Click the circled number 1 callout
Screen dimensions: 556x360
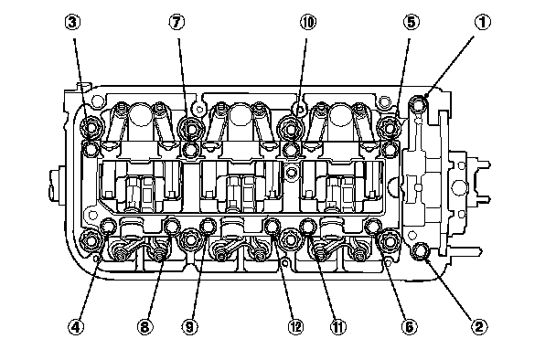(482, 23)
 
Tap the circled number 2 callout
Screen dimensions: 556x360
(479, 326)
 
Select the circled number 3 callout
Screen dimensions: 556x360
(72, 22)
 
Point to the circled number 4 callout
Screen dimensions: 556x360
(76, 326)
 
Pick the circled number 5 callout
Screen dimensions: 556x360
(411, 22)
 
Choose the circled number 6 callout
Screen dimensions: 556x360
(409, 326)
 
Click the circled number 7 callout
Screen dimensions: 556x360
(176, 22)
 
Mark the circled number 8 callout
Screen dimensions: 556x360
(145, 326)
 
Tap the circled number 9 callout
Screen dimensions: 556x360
(189, 326)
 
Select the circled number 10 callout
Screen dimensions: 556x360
(308, 22)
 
